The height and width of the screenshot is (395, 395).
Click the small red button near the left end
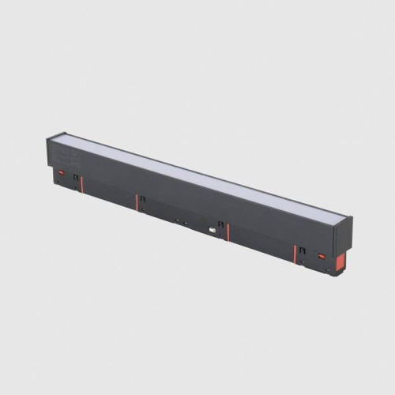point(59,168)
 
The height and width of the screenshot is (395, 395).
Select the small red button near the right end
point(321,256)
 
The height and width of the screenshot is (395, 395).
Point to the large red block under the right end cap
point(338,262)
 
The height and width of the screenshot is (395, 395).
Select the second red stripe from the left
point(136,202)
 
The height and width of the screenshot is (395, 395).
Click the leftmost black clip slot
point(76,179)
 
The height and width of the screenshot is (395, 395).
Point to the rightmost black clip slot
point(301,250)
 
